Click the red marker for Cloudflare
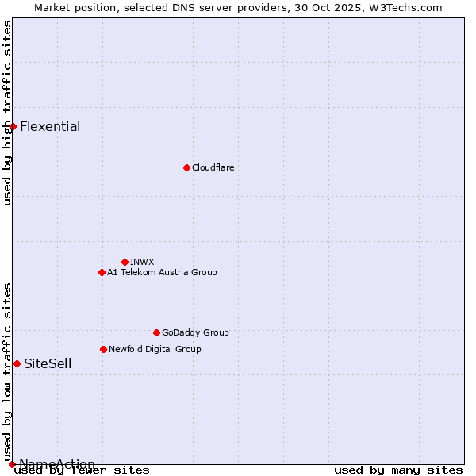pyautogui.click(x=186, y=167)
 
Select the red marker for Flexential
pyautogui.click(x=13, y=126)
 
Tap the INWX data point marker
pyautogui.click(x=125, y=262)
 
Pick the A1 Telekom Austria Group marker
pyautogui.click(x=102, y=272)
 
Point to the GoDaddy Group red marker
pyautogui.click(x=156, y=332)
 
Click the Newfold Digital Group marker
pyautogui.click(x=103, y=349)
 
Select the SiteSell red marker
pyautogui.click(x=17, y=363)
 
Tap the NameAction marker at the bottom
pyautogui.click(x=12, y=464)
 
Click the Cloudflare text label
pyautogui.click(x=213, y=167)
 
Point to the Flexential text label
pyautogui.click(x=50, y=126)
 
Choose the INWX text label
pyautogui.click(x=142, y=262)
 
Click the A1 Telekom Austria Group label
pyautogui.click(x=162, y=272)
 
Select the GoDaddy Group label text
pyautogui.click(x=195, y=332)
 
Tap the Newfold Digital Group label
pyautogui.click(x=155, y=349)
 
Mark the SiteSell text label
pyautogui.click(x=48, y=363)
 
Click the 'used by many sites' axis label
pyautogui.click(x=398, y=470)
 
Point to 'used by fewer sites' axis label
pyautogui.click(x=82, y=470)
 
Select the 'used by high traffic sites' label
pyautogui.click(x=8, y=113)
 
